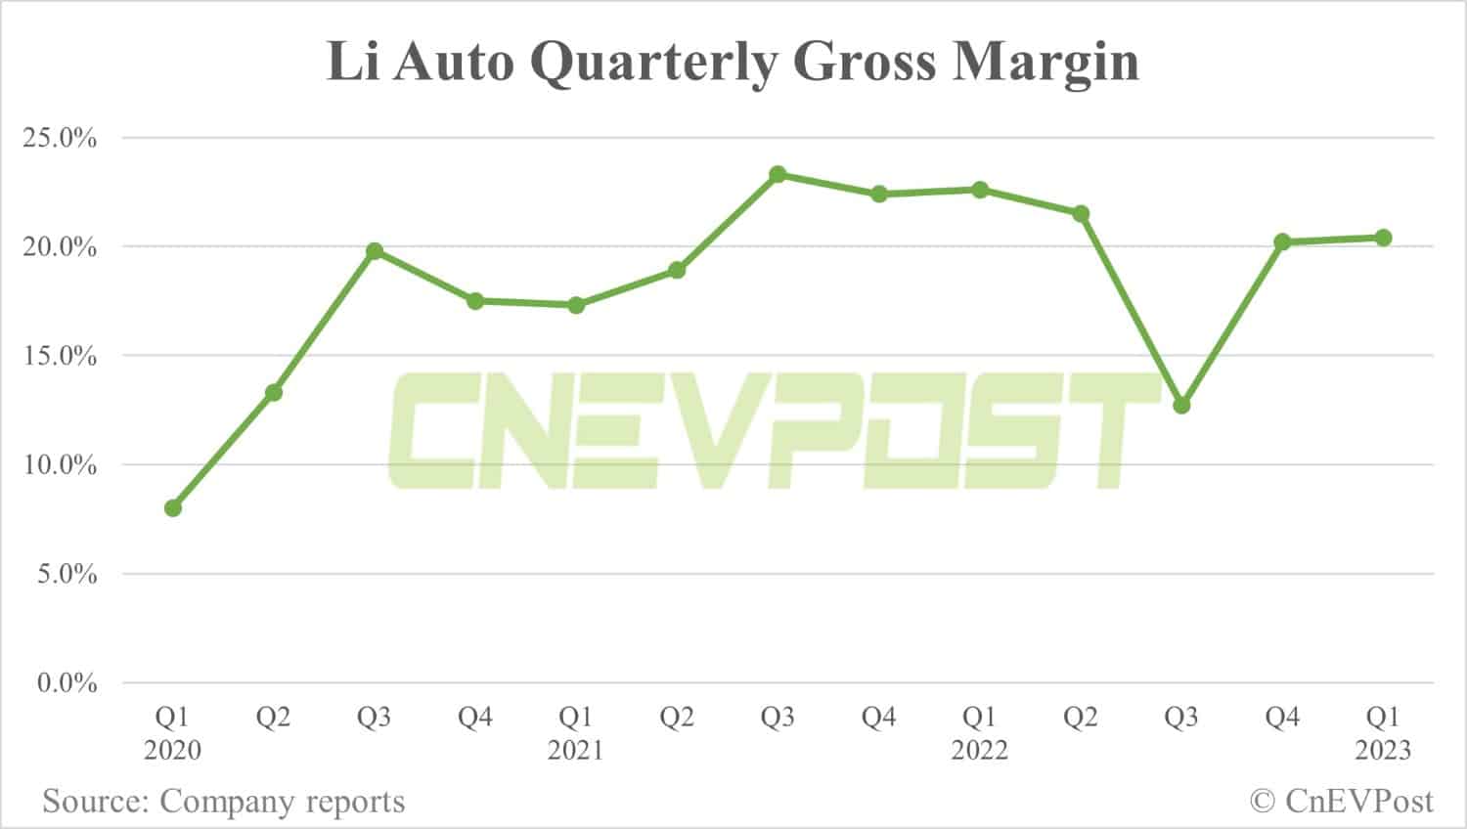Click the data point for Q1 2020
(x=173, y=508)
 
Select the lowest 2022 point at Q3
(x=1181, y=405)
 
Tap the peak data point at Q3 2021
(x=778, y=175)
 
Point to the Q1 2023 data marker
(x=1383, y=238)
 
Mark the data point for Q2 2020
(x=274, y=392)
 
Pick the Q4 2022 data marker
(x=1282, y=241)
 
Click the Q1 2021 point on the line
(x=576, y=305)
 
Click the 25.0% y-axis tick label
(x=61, y=139)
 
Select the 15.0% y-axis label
(x=61, y=357)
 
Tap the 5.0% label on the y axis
(x=67, y=575)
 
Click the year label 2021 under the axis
(x=576, y=751)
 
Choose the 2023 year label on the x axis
(x=1383, y=751)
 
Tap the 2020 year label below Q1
(x=173, y=751)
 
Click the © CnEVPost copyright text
(x=1342, y=803)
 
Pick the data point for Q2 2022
(x=1081, y=214)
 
